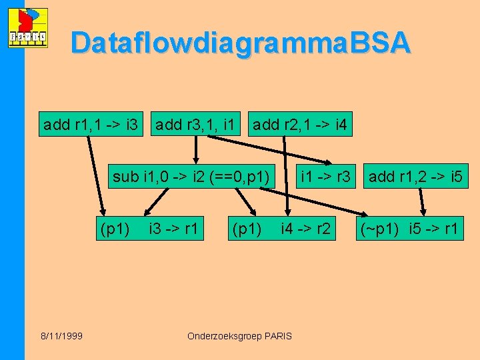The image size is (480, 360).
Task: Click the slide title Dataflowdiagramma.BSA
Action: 240,42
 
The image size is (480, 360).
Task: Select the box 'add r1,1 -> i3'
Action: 90,124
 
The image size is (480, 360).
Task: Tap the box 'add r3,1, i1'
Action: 194,124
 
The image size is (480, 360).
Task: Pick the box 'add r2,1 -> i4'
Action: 299,124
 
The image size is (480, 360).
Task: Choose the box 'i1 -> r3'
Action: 326,177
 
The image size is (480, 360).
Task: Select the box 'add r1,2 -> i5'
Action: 415,177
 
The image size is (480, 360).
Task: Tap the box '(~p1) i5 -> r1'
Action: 409,230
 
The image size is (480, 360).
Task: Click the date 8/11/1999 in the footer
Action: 61,336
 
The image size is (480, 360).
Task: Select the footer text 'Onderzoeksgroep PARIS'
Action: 239,336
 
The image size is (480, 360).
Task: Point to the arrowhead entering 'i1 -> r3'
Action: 329,162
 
